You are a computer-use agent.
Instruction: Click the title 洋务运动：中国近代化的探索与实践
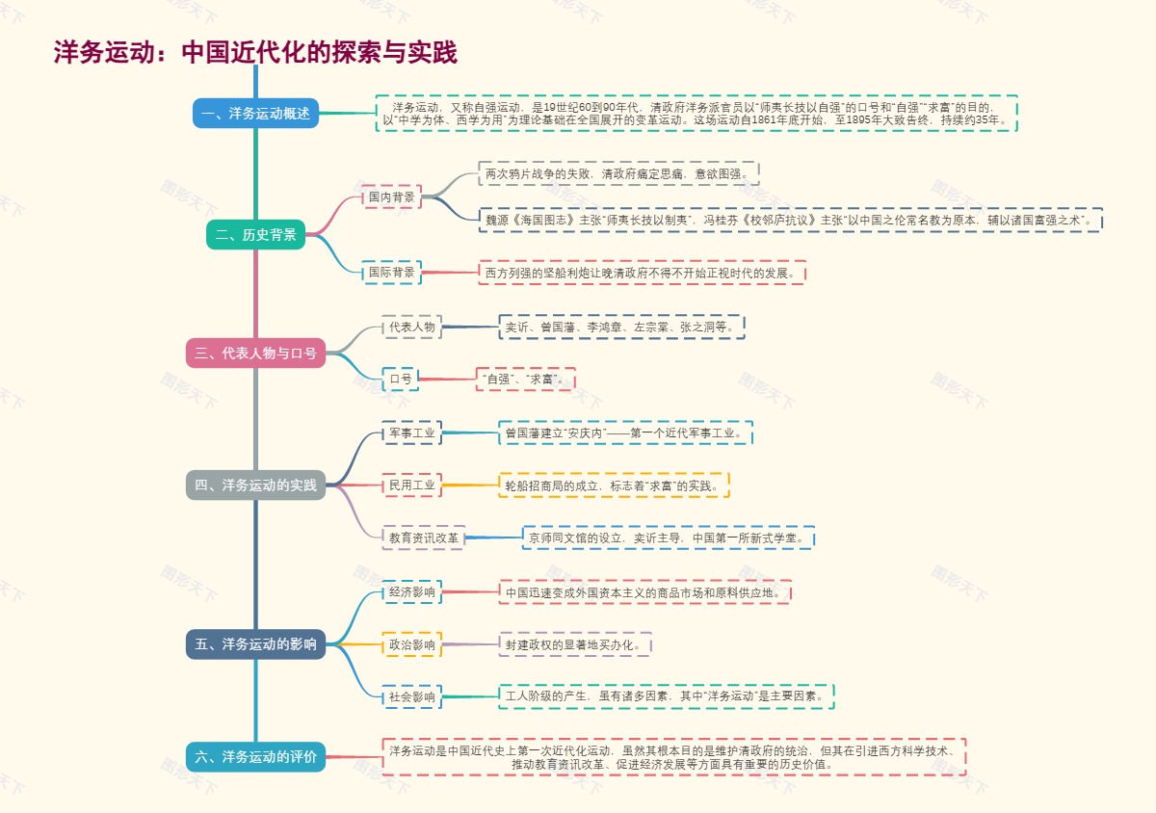point(255,52)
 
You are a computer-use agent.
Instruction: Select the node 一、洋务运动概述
point(255,114)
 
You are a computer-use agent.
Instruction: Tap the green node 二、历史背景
point(255,234)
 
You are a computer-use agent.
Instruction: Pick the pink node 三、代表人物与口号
point(255,354)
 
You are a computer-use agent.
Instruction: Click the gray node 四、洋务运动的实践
point(255,485)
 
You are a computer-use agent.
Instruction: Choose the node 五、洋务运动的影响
point(255,644)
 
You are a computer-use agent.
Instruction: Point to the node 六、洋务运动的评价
point(255,757)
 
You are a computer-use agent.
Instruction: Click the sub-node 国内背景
point(392,197)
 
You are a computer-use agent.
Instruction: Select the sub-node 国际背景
point(392,273)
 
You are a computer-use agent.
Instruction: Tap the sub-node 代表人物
point(411,328)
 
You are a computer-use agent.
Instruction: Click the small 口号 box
point(400,380)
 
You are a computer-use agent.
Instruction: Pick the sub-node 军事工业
point(411,433)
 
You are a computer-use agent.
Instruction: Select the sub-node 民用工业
point(411,485)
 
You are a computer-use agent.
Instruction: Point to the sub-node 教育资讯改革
point(424,538)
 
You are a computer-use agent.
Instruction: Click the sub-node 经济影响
point(411,591)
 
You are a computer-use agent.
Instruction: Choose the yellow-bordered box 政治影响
point(411,644)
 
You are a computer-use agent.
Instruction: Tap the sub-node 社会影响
point(411,696)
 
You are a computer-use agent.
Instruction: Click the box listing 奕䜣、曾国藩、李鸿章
point(621,328)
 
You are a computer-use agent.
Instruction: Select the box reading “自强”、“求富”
point(525,380)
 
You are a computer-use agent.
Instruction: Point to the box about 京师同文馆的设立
point(668,538)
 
